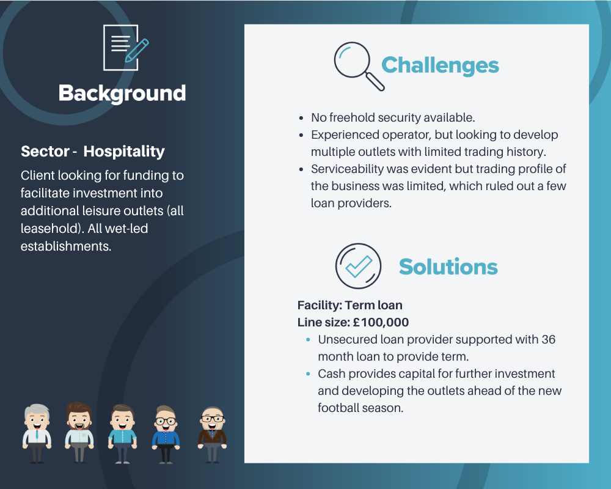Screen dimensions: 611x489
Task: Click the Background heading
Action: point(122,94)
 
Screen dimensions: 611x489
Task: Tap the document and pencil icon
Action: point(125,48)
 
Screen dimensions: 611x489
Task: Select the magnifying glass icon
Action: point(359,66)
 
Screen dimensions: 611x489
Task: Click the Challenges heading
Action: point(440,65)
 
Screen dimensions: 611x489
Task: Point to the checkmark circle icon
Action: point(358,267)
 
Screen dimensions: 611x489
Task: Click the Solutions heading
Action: point(448,267)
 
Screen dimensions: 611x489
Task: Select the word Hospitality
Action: point(124,152)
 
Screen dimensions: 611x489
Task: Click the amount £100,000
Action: point(381,323)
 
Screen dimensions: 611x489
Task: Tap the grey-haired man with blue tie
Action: point(37,433)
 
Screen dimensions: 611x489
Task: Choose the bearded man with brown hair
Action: point(79,432)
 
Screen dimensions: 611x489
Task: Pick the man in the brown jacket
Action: point(213,435)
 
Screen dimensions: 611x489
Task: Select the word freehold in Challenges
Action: point(353,117)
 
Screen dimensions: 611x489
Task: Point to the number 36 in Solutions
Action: point(548,339)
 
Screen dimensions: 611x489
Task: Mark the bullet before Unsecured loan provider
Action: point(308,340)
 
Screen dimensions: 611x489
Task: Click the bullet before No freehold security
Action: point(301,118)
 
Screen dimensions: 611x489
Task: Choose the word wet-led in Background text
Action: point(126,229)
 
